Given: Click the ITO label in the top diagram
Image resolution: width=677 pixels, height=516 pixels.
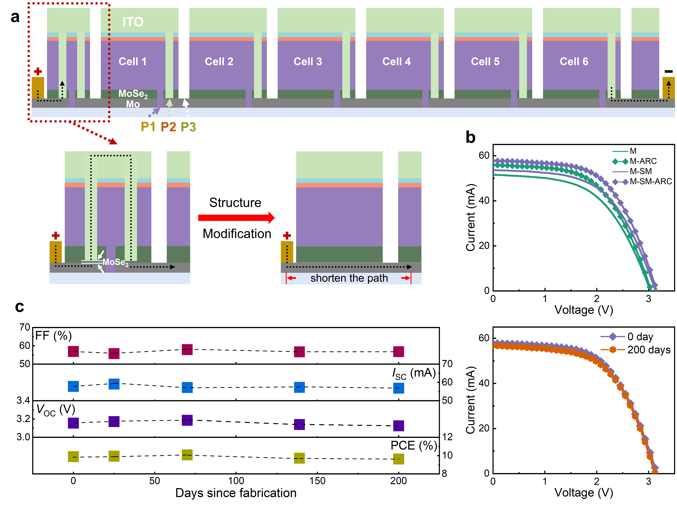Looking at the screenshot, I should click(x=133, y=22).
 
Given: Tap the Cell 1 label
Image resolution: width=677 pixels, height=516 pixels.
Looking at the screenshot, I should click(x=133, y=61).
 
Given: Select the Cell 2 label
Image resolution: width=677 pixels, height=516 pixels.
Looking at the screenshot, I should click(x=219, y=61).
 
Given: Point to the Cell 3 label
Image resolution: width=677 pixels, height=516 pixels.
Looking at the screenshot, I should click(x=308, y=61).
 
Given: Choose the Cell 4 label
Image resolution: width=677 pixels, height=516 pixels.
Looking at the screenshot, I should click(x=396, y=61).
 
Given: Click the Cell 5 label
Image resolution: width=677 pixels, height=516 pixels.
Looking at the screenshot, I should click(x=485, y=61).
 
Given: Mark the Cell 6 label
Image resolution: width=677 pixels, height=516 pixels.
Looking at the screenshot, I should click(x=574, y=61).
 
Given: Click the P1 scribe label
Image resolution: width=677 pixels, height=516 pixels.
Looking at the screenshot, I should click(x=148, y=127).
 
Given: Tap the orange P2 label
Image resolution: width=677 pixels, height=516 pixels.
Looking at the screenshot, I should click(x=168, y=127).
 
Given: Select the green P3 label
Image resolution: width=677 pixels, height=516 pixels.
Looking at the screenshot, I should click(x=188, y=127).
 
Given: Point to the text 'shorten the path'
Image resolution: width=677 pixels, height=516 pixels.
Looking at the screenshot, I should click(x=349, y=278).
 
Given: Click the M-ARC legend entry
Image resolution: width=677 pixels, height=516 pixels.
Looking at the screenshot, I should click(x=643, y=161).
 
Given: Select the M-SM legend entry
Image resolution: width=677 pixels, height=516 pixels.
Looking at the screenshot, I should click(x=640, y=171).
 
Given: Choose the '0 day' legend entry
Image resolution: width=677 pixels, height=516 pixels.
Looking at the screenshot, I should click(x=640, y=337).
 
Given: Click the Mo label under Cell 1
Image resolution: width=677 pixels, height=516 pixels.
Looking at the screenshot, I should click(x=133, y=104).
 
